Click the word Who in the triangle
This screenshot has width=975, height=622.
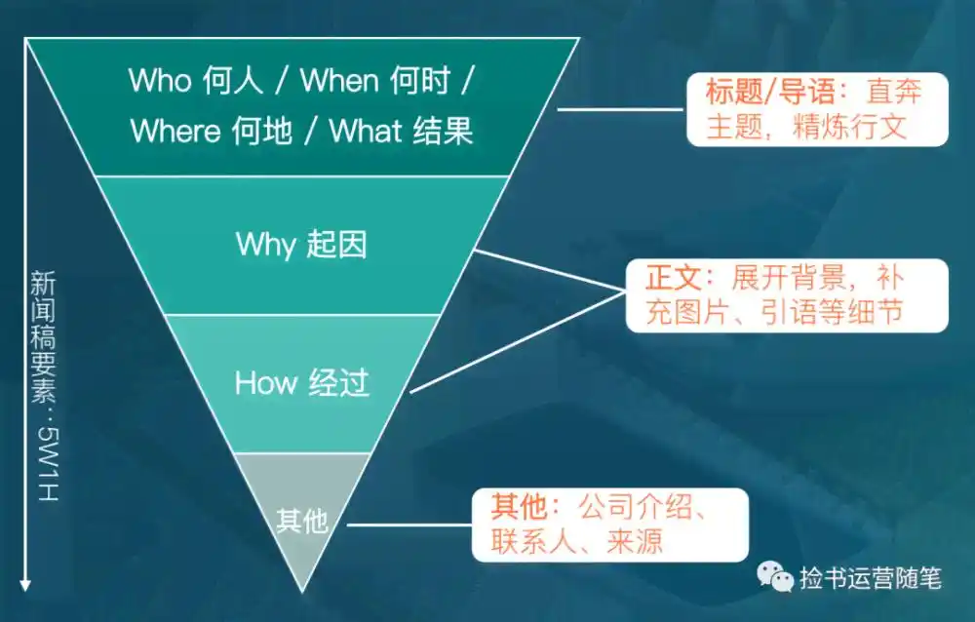point(160,82)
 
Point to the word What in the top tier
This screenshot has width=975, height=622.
point(367,132)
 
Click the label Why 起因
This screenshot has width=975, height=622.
point(301,244)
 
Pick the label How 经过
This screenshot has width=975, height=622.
point(301,382)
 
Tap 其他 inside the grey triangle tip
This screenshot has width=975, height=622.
point(301,523)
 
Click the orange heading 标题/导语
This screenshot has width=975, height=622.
point(769,94)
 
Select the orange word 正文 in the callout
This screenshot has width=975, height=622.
point(673,278)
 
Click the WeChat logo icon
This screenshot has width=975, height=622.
point(776,577)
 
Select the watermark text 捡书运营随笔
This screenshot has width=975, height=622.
point(870,578)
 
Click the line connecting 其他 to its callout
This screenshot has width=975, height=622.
point(409,525)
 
